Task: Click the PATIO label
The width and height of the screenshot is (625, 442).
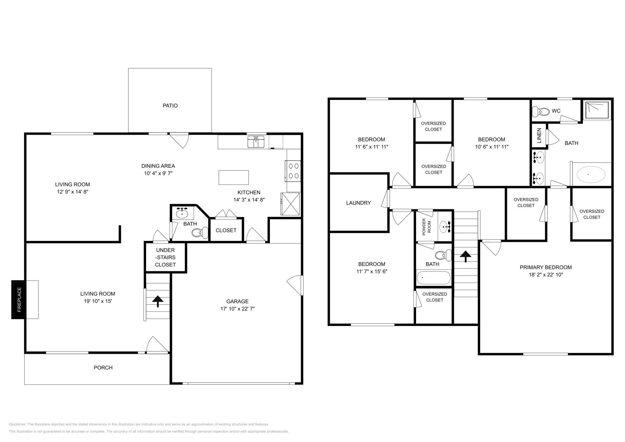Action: click(x=170, y=106)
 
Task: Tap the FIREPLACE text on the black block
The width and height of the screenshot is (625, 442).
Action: click(x=19, y=299)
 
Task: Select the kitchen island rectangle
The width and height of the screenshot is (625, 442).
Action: click(x=234, y=178)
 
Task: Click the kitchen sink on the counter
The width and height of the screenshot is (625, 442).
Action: click(x=256, y=142)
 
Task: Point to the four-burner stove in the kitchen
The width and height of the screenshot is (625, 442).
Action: click(x=293, y=171)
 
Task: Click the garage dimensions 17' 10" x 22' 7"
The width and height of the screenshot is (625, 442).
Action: click(x=237, y=309)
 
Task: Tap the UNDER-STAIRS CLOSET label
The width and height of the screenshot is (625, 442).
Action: click(x=166, y=257)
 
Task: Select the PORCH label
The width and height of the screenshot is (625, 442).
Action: click(x=103, y=367)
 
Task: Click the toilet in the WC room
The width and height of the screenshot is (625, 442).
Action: click(x=541, y=112)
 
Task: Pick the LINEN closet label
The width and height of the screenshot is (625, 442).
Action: click(x=539, y=135)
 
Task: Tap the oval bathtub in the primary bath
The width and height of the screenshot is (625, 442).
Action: click(x=591, y=175)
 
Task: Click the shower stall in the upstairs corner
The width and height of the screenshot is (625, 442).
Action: click(x=597, y=110)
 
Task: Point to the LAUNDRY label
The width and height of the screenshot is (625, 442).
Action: click(x=359, y=203)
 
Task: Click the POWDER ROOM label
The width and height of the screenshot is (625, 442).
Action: click(x=427, y=227)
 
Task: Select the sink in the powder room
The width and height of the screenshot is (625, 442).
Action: click(x=445, y=227)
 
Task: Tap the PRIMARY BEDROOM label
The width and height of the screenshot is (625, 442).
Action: click(x=546, y=267)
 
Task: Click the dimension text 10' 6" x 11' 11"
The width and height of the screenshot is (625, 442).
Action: click(x=492, y=147)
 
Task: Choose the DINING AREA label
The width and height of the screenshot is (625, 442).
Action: click(x=158, y=166)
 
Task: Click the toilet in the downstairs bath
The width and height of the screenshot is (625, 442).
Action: click(x=200, y=233)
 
